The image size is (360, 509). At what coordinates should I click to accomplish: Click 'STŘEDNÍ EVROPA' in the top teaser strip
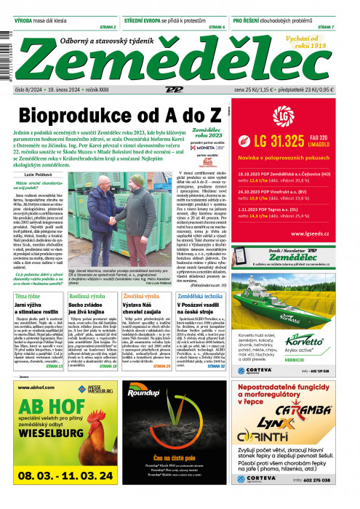click(x=149, y=20)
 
